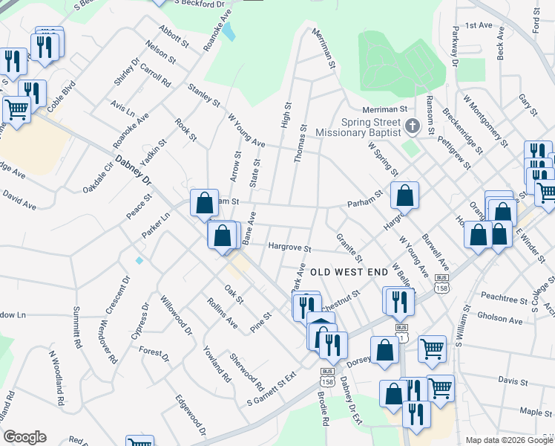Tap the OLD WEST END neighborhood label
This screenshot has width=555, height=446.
[348, 273]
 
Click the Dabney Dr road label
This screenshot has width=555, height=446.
[134, 170]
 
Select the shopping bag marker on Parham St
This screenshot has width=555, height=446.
[404, 195]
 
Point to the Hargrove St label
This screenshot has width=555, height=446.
[289, 246]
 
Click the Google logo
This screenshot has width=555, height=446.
[24, 437]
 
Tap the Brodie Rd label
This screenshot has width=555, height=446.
[324, 408]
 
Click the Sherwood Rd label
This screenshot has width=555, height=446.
[247, 372]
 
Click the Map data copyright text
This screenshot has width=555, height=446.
[509, 440]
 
